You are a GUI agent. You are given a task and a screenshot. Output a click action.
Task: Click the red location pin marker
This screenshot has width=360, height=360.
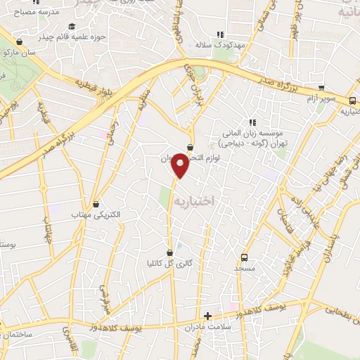(181, 165)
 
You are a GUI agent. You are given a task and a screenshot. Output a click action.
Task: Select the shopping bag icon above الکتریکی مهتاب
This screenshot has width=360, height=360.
(96, 204)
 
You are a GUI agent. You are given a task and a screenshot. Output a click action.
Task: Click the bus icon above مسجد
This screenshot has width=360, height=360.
(244, 257)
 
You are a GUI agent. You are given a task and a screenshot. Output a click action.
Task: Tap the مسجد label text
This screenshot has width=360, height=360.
(244, 269)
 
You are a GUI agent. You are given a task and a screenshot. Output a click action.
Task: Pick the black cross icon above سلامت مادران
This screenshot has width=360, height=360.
(207, 316)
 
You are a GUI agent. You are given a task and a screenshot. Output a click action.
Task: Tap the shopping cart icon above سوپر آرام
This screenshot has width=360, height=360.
(321, 89)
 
